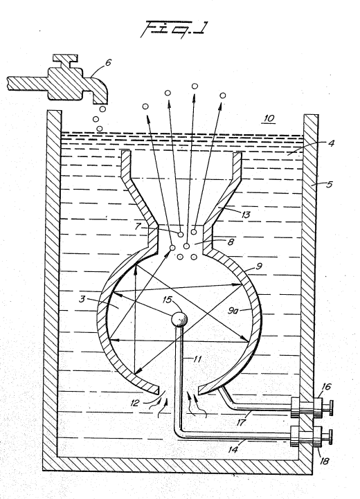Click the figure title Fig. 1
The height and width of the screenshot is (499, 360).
(x=174, y=29)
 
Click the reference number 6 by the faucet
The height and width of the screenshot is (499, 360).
(x=108, y=62)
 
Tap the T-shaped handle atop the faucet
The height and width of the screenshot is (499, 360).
(x=65, y=61)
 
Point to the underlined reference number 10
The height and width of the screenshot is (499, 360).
(x=269, y=118)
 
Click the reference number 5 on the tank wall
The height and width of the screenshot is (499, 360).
(x=329, y=184)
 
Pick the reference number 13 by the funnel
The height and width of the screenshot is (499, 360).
(x=246, y=214)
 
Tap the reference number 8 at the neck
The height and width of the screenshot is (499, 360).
(x=231, y=242)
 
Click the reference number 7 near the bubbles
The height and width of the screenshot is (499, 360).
(x=138, y=226)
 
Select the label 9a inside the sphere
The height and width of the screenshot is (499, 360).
(x=233, y=310)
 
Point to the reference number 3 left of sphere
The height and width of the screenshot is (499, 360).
(x=82, y=299)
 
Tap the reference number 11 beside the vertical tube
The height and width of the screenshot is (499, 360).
(x=197, y=359)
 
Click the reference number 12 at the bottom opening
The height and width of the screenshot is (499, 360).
(x=134, y=403)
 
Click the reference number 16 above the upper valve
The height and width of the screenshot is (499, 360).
(x=326, y=386)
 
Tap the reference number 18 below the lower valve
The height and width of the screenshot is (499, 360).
(x=324, y=460)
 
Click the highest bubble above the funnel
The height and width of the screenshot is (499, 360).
(x=195, y=86)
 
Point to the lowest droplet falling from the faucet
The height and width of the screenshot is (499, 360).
(x=100, y=129)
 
